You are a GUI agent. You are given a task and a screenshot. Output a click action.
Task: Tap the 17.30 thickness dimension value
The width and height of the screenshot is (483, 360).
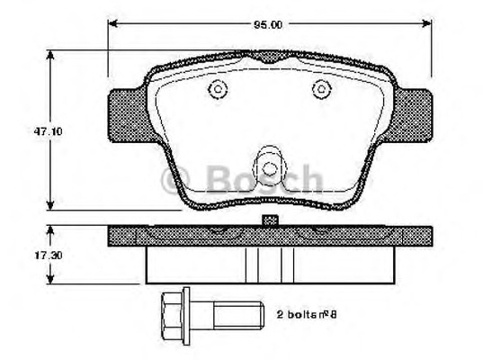33,256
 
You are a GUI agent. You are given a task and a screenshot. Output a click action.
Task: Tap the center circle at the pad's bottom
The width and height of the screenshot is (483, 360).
268,167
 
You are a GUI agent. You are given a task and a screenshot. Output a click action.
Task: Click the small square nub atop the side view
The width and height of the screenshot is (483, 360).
268,220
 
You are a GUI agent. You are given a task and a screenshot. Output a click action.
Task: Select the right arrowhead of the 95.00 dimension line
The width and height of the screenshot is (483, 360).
425,24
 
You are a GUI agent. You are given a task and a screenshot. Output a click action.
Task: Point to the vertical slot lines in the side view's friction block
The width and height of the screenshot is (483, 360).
267,265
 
